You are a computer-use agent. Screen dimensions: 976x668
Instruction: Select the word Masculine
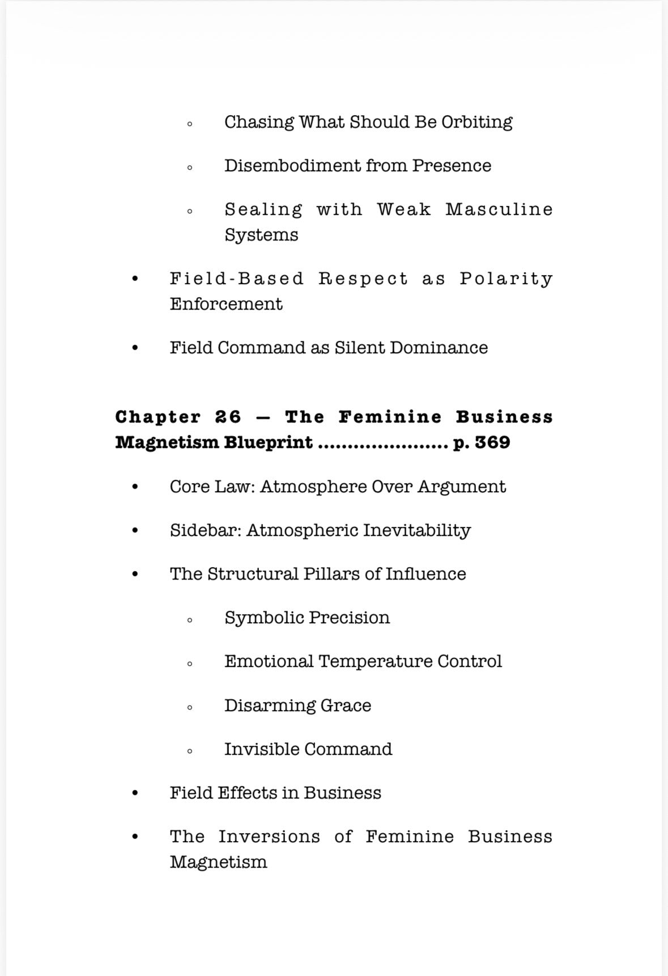[x=499, y=209]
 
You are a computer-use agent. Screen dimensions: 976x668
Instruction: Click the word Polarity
[x=505, y=279]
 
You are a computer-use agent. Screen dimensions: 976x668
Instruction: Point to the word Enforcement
[x=225, y=304]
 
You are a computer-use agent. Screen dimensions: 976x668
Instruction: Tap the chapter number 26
[x=228, y=417]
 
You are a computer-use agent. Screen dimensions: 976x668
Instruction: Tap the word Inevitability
[x=416, y=530]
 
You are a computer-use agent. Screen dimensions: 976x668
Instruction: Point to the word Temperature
[x=375, y=661]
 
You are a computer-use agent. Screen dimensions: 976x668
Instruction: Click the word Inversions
[x=269, y=836]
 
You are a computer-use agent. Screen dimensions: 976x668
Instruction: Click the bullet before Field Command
[x=134, y=348]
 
